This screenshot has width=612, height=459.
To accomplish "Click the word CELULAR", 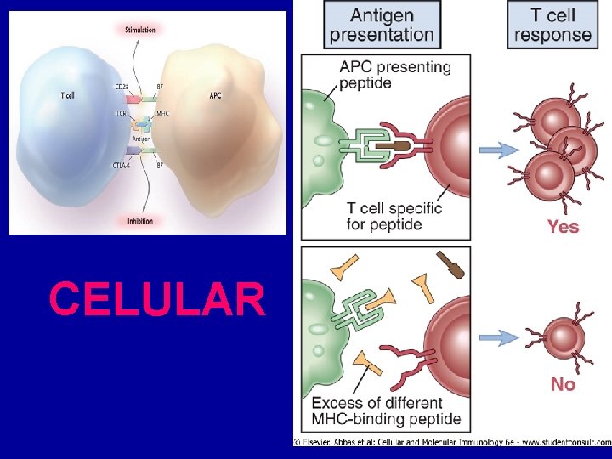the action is coord(157,298).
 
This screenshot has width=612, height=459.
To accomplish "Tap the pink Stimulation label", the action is coord(140,30).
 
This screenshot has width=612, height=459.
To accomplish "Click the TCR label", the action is coord(121,113).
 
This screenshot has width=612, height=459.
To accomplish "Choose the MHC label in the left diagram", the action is coord(162,113).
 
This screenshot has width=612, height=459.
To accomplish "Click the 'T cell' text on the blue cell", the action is coord(68,96).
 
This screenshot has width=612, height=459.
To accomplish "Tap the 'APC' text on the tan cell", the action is coord(216,96).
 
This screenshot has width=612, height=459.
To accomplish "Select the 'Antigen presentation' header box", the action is coord(382,25).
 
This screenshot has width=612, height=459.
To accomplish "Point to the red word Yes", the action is coord(563,226).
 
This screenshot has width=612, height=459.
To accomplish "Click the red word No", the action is coord(563,384).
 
